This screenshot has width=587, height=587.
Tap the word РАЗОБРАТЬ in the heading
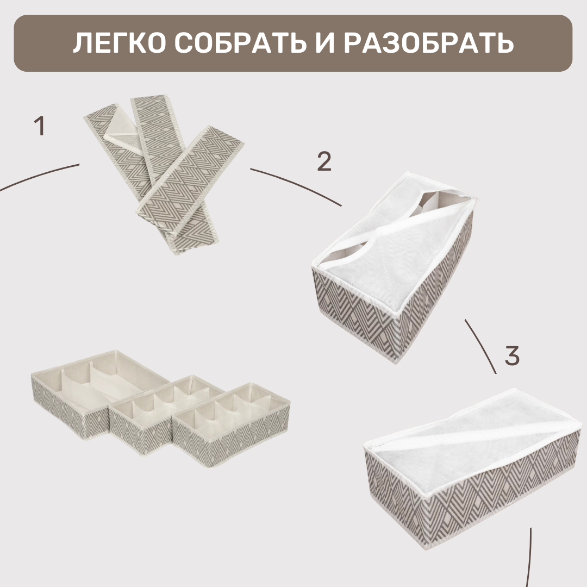[x=429, y=43]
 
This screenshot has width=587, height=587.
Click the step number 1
[x=39, y=127]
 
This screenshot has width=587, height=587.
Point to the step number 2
[x=324, y=161]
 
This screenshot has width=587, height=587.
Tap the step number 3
[x=512, y=356]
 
